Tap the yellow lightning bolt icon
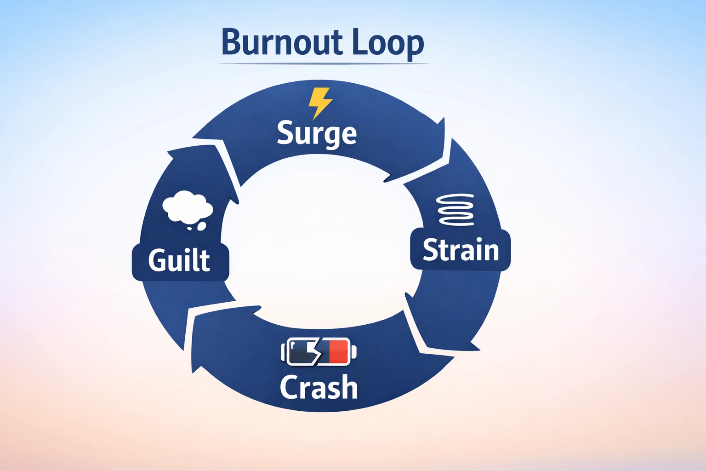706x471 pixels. (319, 103)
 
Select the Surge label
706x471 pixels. (317, 133)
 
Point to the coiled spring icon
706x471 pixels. (455, 210)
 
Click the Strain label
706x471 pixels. (461, 250)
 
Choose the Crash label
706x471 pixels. (319, 387)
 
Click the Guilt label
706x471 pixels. (179, 260)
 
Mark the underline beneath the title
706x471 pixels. (324, 63)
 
